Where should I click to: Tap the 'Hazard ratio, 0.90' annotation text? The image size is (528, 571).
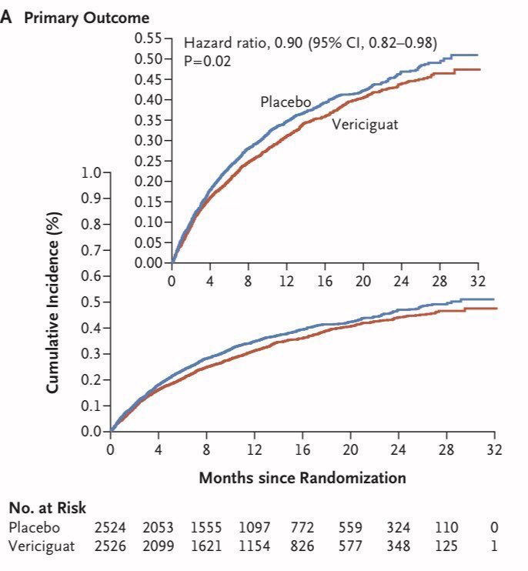point(242,44)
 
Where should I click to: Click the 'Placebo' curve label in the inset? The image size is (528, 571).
point(285,102)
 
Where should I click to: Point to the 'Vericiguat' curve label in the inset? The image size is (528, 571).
point(365,124)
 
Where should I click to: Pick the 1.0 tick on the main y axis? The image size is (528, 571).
point(91,172)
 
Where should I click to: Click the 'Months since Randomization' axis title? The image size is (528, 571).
point(302,478)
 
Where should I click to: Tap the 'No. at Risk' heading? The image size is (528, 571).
point(47,508)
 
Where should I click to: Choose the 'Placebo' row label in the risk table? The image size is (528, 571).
point(33,528)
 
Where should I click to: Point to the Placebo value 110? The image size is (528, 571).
point(446,528)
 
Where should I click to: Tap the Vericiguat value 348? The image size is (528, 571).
point(399,546)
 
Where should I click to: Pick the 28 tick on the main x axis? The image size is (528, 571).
point(446,449)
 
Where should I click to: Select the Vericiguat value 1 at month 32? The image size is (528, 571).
point(494,546)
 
